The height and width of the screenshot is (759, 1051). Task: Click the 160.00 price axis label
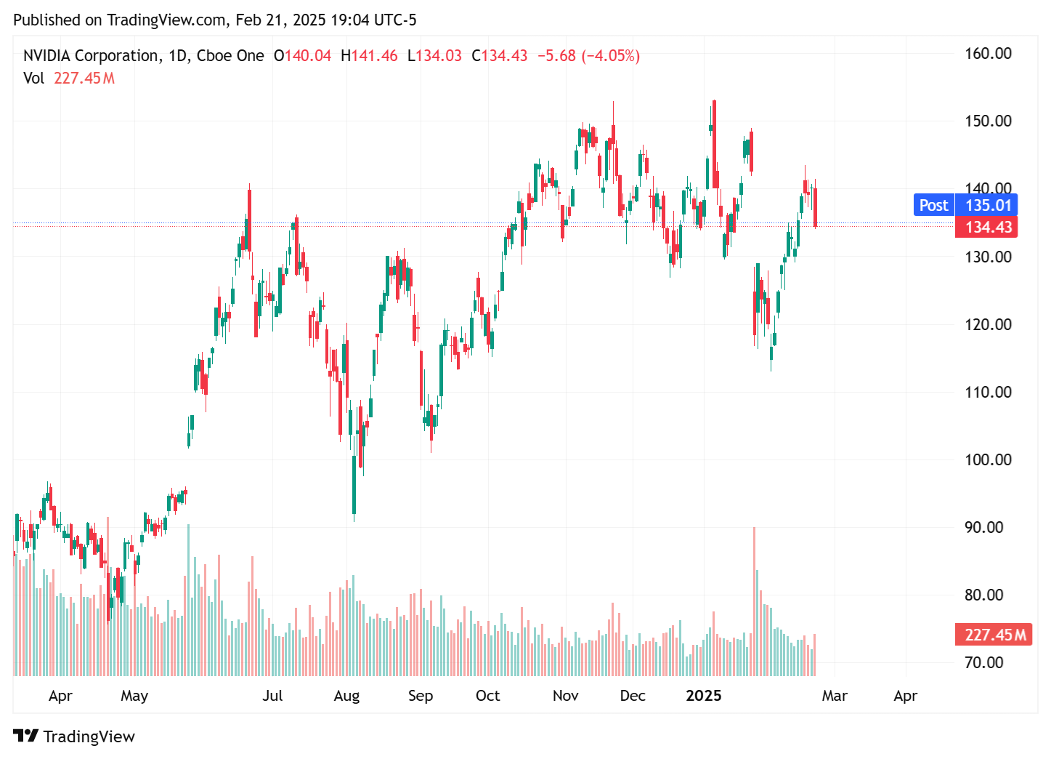pos(987,53)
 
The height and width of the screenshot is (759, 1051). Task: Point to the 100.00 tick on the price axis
pos(987,459)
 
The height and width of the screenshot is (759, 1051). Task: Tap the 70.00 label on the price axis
pos(983,662)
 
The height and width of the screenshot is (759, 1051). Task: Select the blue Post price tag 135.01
pos(965,205)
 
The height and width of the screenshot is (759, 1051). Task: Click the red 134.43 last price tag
pos(986,227)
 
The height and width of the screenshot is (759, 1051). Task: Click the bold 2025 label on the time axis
pos(703,696)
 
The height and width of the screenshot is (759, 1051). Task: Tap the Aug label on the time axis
pos(346,696)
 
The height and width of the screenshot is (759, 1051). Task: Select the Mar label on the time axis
pos(834,696)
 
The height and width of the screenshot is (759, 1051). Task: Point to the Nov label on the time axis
pos(565,696)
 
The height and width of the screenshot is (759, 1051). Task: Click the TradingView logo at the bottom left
pos(74,736)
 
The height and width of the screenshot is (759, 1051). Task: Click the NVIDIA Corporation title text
pos(91,56)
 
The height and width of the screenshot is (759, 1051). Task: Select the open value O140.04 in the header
pos(302,56)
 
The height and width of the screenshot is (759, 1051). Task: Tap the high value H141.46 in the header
pos(369,56)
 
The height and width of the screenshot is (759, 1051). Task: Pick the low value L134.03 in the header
pos(434,56)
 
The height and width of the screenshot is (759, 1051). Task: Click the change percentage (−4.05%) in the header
pos(610,56)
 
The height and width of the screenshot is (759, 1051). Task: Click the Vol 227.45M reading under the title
pos(69,79)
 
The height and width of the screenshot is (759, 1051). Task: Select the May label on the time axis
pos(134,696)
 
